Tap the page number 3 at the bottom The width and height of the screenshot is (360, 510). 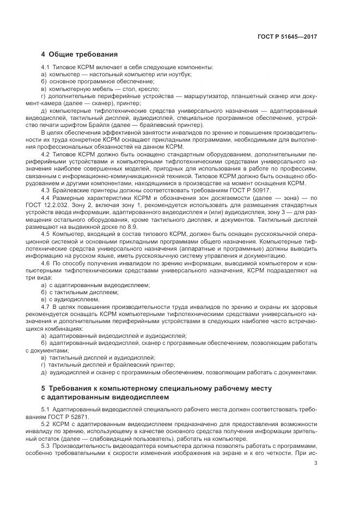(316, 464)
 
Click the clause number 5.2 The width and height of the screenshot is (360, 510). (45, 424)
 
